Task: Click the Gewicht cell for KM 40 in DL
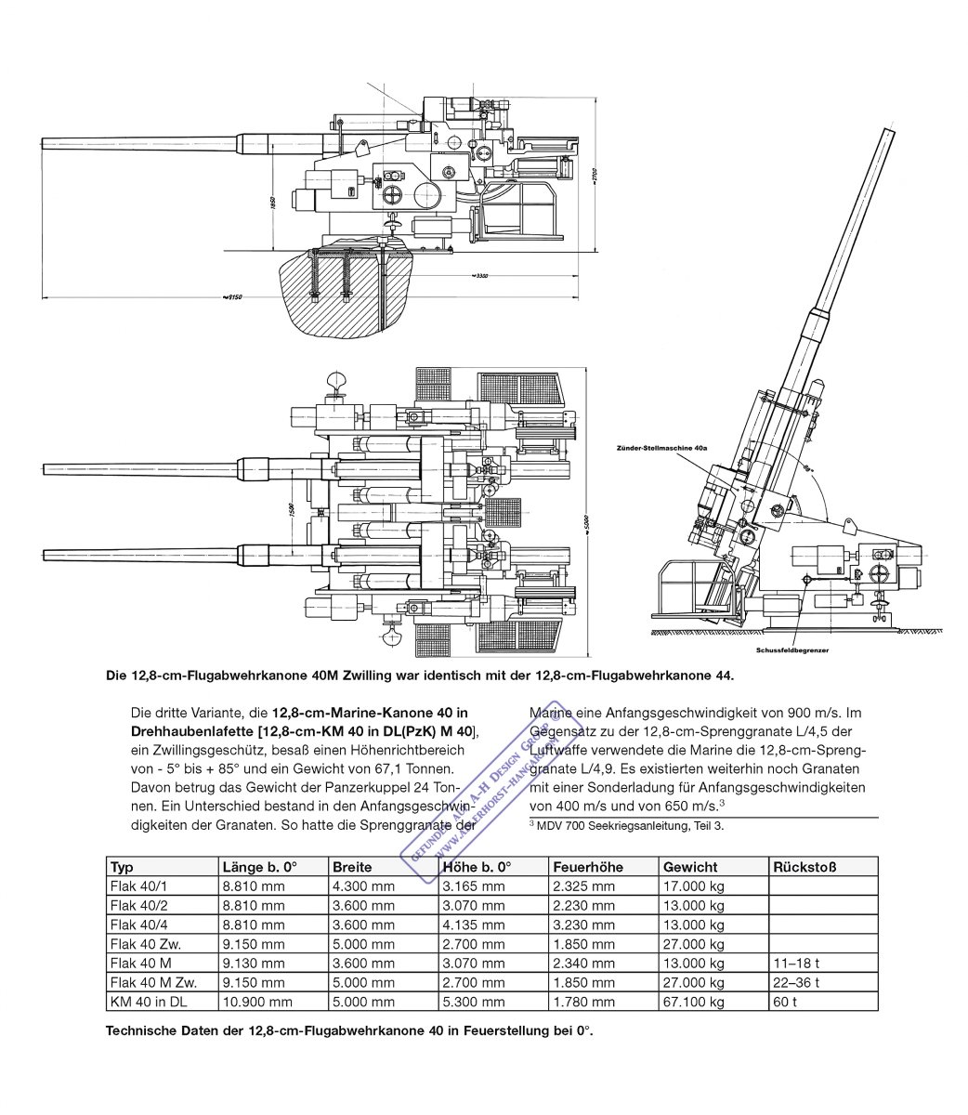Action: click(693, 1002)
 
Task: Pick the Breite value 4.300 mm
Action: click(363, 886)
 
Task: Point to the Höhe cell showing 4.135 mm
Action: click(473, 925)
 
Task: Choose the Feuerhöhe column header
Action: click(588, 867)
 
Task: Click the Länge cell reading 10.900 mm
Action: click(257, 1002)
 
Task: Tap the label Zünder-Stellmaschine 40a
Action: click(661, 448)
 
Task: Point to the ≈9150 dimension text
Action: click(232, 297)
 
